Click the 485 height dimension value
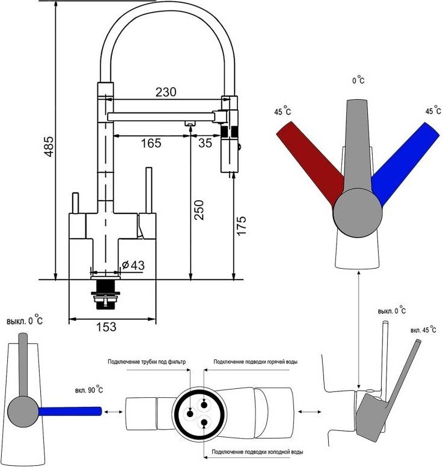coord(49,146)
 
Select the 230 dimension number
coord(166,92)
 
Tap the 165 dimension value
coord(151,143)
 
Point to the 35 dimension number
coord(205,143)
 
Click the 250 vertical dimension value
coord(199,210)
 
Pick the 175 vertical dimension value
coord(241,226)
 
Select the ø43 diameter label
coord(133,265)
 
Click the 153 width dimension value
coord(106,327)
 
